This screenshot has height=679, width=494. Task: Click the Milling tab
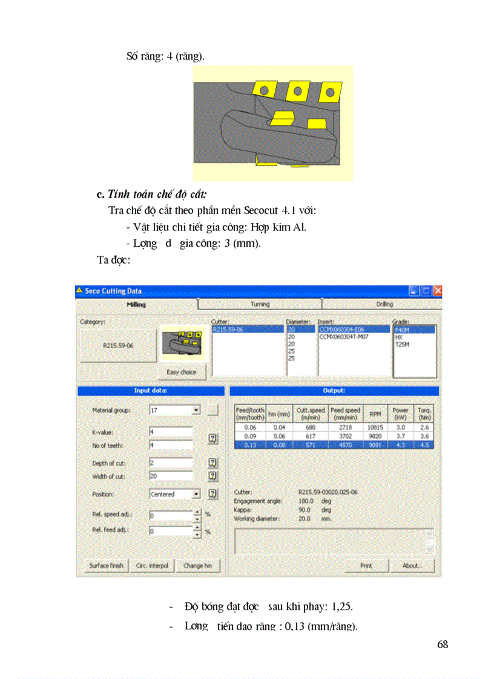[136, 304]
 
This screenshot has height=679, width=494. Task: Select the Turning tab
[260, 304]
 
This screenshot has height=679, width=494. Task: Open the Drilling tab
[384, 304]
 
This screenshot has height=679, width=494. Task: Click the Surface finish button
[106, 566]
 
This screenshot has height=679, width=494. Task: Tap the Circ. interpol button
[152, 566]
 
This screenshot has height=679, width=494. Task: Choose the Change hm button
[197, 566]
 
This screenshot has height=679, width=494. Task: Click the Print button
[366, 566]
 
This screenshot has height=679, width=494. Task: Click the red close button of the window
[437, 291]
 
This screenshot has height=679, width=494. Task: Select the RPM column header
[375, 414]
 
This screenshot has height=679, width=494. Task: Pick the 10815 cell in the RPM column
[375, 427]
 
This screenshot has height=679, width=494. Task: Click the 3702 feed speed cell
[345, 435]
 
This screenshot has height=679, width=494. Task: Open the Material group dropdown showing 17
[196, 410]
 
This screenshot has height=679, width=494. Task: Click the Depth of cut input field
[171, 463]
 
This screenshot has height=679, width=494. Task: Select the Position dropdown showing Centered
[196, 494]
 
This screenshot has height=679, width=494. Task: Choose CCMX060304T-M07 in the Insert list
[344, 337]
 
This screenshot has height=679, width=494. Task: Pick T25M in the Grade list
[403, 344]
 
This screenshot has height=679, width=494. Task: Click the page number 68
[443, 645]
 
